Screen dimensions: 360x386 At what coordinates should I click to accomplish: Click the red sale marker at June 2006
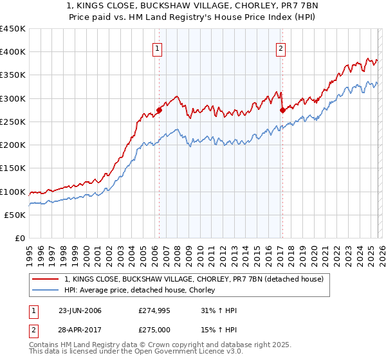click(159, 110)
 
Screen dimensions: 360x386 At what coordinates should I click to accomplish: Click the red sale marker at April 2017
click(282, 110)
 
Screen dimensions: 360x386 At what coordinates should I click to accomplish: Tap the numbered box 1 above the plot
click(158, 47)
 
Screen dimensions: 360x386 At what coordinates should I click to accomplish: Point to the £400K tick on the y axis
click(13, 52)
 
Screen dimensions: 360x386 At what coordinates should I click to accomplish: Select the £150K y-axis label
click(13, 168)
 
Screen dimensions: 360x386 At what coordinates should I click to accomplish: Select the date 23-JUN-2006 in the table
click(80, 310)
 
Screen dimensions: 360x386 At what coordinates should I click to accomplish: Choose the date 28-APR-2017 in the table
click(80, 330)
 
